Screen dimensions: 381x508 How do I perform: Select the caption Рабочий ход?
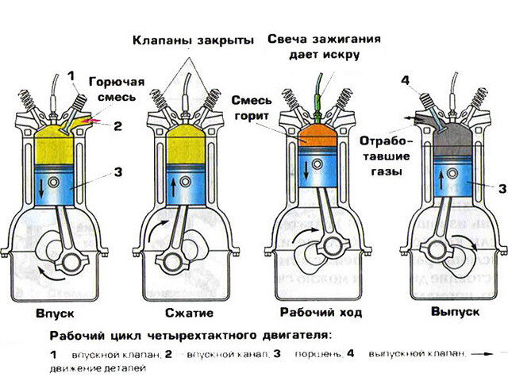(x=321, y=312)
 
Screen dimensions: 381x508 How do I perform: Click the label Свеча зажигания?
(x=314, y=38)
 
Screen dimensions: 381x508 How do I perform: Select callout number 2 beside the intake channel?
(x=116, y=125)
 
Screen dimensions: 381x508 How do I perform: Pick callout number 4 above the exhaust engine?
(x=406, y=80)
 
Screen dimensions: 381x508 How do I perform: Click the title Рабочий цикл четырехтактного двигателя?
(x=191, y=335)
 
